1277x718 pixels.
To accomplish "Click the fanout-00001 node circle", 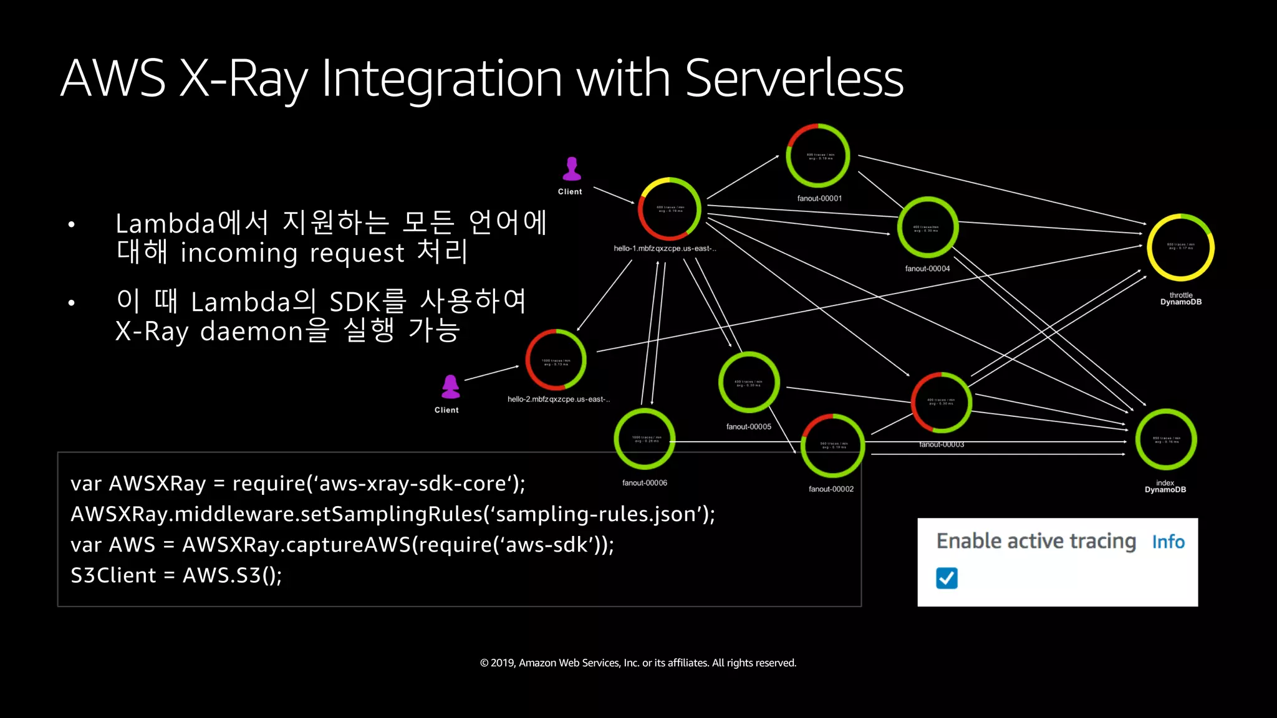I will [817, 156].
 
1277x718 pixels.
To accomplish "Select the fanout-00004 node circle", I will [927, 227].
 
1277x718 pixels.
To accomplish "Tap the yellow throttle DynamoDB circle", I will [1180, 247].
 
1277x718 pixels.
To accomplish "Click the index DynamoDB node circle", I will [1165, 439].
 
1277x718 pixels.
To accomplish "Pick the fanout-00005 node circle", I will [748, 382].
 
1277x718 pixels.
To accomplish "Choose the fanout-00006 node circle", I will [645, 439].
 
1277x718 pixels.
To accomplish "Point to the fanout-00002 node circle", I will [832, 446].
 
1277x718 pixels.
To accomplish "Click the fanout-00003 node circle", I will [941, 403].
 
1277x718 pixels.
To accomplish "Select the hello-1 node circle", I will [669, 209].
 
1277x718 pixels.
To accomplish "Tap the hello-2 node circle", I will [556, 360].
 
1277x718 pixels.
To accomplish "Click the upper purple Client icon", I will [571, 169].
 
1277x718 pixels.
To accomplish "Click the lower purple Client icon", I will [450, 387].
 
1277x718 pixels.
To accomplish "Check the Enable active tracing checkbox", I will [947, 578].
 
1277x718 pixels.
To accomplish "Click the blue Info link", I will [1168, 542].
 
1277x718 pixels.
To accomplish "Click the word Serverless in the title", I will [794, 79].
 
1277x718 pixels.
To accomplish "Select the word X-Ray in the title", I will [244, 79].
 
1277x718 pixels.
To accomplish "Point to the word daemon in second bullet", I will [251, 331].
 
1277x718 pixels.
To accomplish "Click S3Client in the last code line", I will [113, 575].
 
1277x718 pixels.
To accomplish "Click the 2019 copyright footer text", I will [638, 663].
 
